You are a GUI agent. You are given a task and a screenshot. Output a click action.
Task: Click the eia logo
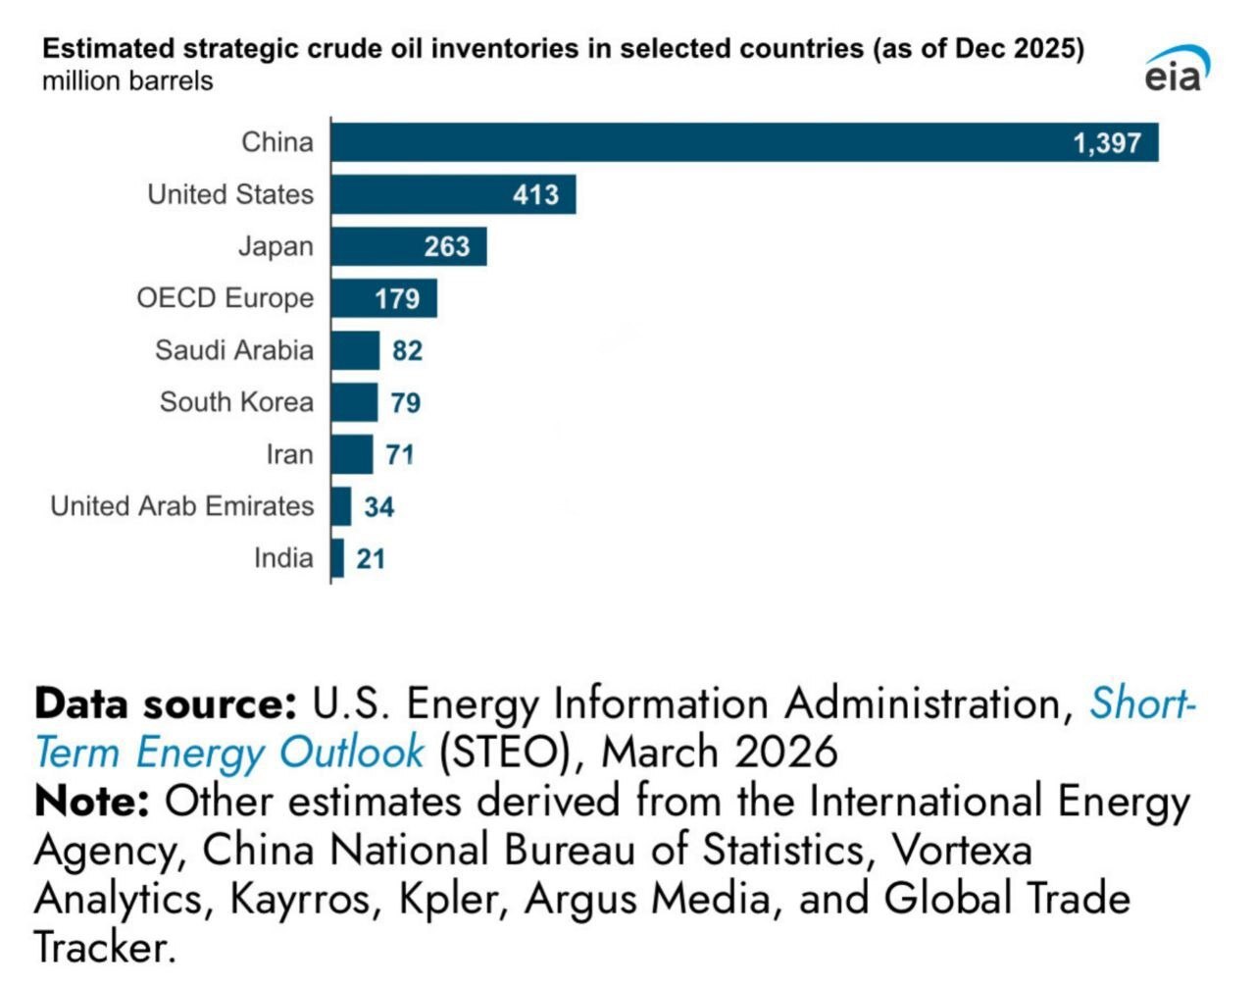click(x=1176, y=71)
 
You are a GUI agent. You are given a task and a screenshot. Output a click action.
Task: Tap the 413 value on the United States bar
click(x=535, y=194)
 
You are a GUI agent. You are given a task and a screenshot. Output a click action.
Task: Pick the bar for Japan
click(x=408, y=246)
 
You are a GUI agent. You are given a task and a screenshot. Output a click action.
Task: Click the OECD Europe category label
click(x=225, y=298)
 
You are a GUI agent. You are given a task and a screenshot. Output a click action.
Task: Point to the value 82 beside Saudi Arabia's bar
click(x=407, y=350)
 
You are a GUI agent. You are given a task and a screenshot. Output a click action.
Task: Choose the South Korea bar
click(x=354, y=402)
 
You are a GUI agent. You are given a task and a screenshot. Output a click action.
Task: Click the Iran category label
click(x=289, y=454)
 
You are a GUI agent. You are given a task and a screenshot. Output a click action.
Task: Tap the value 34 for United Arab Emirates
click(x=378, y=506)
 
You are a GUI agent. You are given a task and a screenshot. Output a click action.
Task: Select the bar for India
click(x=337, y=558)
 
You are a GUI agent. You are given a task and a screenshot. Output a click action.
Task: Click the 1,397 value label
click(x=1106, y=143)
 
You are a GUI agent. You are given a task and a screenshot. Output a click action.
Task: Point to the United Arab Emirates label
click(x=181, y=506)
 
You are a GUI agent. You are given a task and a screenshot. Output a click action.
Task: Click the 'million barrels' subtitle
click(x=127, y=80)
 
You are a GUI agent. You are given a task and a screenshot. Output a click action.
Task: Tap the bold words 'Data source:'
click(x=166, y=704)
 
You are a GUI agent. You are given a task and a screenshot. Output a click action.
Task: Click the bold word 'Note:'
click(x=91, y=802)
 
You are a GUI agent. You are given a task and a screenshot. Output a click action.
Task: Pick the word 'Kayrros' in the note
click(x=305, y=899)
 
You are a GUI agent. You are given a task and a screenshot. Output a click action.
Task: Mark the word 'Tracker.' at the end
click(x=105, y=947)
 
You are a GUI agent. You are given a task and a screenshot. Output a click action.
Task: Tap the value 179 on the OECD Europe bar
click(x=396, y=298)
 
